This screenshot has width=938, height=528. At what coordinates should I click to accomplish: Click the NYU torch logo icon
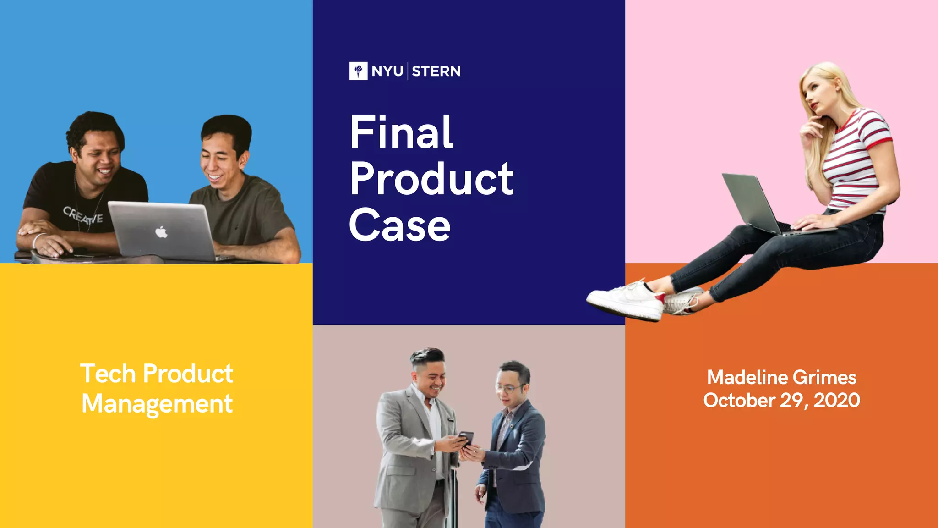[358, 71]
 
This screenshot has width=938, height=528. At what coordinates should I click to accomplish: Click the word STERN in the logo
[436, 71]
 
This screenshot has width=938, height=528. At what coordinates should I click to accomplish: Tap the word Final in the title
[401, 133]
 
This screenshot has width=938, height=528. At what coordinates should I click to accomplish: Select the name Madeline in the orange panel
[747, 378]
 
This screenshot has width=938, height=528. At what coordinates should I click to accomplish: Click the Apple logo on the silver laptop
[161, 232]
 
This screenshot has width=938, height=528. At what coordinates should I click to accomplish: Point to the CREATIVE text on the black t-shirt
[83, 215]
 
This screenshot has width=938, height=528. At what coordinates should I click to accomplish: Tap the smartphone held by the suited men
[466, 438]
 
